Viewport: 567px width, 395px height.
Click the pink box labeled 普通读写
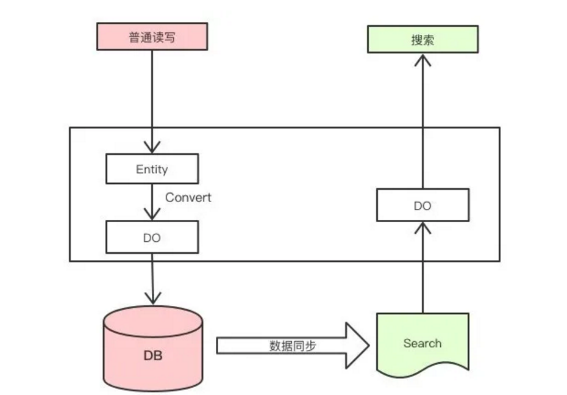152,36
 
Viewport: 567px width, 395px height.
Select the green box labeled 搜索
423,40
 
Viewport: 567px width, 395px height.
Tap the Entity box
152,169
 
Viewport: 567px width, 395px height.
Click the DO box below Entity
152,237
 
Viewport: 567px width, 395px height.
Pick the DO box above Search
423,205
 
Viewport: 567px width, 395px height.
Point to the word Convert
188,197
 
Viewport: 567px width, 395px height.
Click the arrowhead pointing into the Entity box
152,147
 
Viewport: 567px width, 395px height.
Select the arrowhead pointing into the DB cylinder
152,297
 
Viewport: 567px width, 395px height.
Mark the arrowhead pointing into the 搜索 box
423,60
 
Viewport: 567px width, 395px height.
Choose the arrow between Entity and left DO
152,201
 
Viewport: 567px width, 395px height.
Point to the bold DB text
152,355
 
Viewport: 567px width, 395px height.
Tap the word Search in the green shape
422,343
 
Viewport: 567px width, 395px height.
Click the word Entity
152,169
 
